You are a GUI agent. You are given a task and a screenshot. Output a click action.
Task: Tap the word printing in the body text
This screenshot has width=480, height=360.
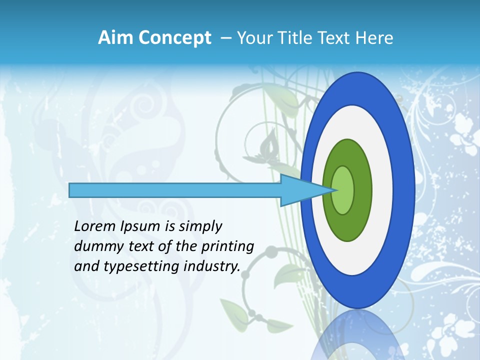point(227,246)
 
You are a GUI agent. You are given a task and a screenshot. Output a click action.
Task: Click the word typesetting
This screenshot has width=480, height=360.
point(142,266)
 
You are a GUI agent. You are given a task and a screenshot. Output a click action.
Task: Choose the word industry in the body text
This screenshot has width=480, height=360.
point(212,266)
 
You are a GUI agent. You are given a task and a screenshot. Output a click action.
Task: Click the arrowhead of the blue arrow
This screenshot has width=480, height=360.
point(310,190)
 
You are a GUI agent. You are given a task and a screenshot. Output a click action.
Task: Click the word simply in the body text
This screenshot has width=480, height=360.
point(200,226)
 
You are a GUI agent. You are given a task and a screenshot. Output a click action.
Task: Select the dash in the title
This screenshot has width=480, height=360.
point(225,37)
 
